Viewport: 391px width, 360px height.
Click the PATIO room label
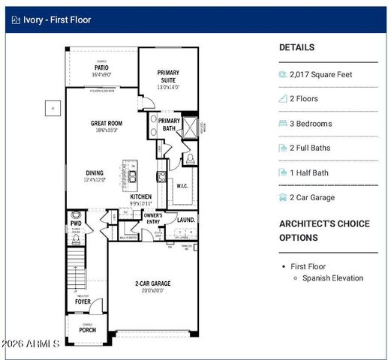[x=101, y=67]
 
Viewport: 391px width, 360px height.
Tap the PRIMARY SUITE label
[x=168, y=77]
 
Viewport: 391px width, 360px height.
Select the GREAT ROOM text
[x=107, y=123]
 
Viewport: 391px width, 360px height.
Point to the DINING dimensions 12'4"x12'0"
[x=95, y=180]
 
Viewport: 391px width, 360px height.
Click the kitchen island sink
[x=132, y=177]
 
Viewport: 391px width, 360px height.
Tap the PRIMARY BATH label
[x=169, y=124]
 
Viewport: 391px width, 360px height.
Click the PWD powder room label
[x=76, y=223]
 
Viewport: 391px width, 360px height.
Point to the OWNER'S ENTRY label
[x=153, y=218]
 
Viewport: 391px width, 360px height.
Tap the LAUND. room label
[x=186, y=220]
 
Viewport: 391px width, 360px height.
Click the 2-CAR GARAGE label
[x=152, y=283]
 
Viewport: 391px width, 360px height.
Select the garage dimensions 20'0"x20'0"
[x=152, y=291]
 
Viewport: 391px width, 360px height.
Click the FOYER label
[x=93, y=301]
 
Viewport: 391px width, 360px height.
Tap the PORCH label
[x=88, y=330]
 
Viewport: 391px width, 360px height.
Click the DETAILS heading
[x=296, y=47]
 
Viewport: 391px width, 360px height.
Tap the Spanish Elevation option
[x=332, y=278]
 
